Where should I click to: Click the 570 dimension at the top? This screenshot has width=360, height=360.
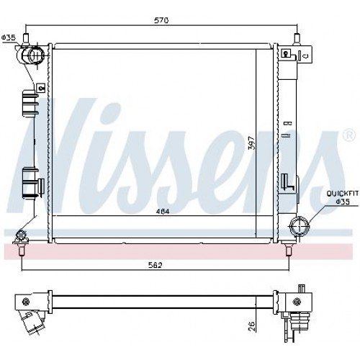(161, 21)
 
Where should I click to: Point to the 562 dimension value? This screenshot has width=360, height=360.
(156, 265)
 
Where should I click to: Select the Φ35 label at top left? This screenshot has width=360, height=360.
(9, 37)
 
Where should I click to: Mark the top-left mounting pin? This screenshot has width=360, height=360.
(26, 37)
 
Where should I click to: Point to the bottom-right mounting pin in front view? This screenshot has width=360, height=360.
(289, 249)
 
